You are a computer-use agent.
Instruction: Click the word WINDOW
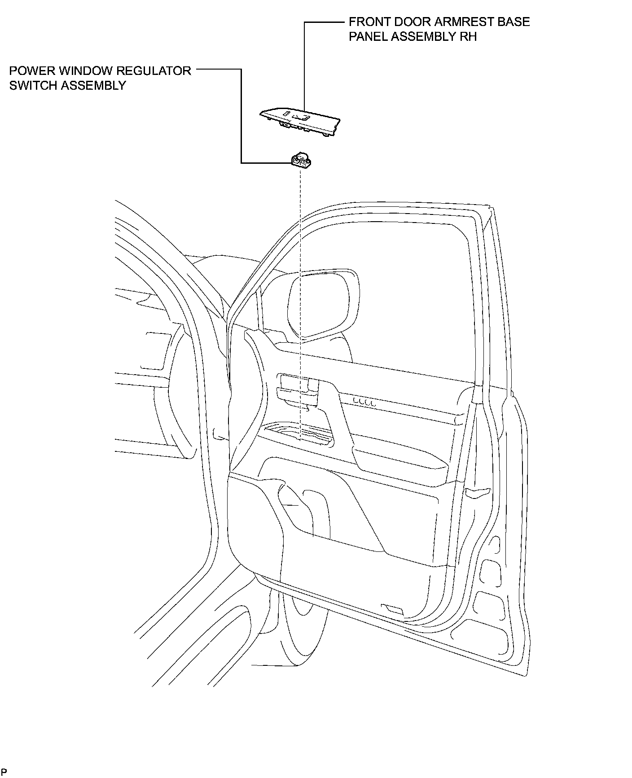[83, 71]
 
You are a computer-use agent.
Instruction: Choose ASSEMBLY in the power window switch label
[93, 86]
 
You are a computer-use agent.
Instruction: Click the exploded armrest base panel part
[299, 121]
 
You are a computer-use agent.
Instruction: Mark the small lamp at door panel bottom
[392, 609]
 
